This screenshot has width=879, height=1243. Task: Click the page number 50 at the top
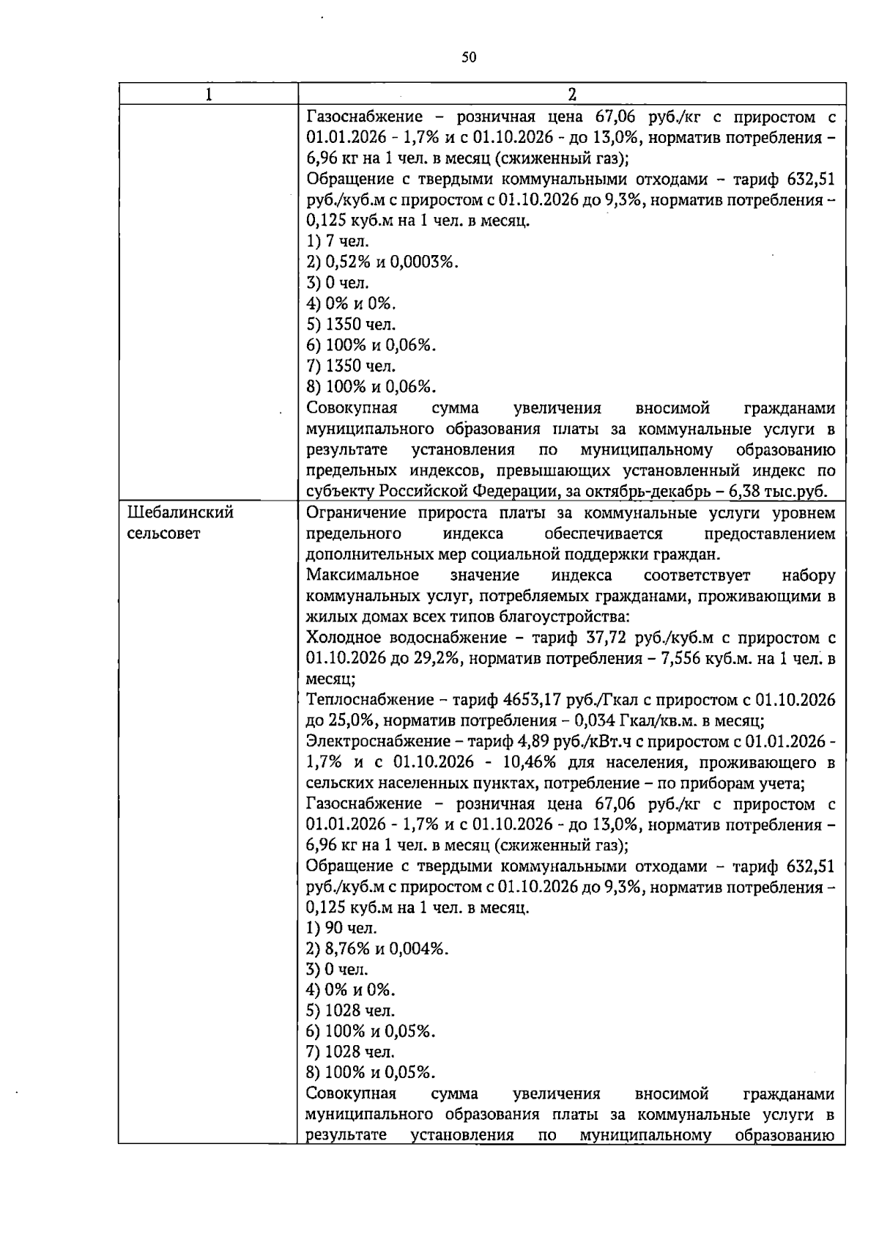(469, 57)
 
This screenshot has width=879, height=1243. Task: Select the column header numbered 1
(209, 95)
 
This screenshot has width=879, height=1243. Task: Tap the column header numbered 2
(572, 95)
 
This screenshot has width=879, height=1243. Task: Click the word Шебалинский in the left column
(180, 513)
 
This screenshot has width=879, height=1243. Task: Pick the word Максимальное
(363, 575)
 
